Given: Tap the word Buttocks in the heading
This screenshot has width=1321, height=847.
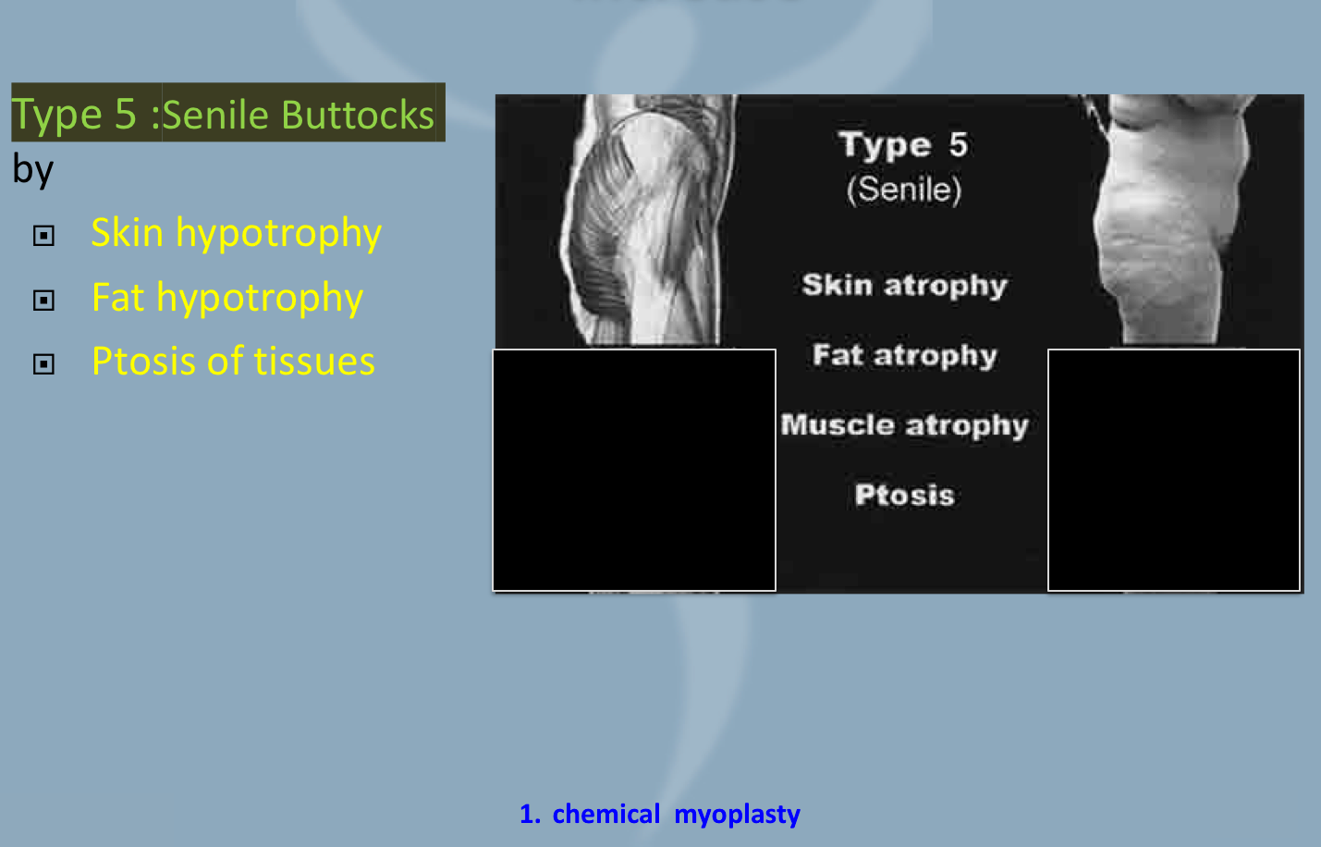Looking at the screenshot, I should coord(358,115).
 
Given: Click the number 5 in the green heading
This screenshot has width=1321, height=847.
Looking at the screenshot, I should coord(126,115).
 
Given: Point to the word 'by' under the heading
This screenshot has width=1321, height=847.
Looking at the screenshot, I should coord(33,170).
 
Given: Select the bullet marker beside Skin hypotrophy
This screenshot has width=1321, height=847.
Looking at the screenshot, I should coord(43,236).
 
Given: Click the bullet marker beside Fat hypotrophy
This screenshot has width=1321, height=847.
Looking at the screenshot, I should coord(43,301).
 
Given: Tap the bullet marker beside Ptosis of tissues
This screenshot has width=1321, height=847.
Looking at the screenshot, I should coord(43,364).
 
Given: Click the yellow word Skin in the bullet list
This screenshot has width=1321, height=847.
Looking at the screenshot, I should coord(128,233).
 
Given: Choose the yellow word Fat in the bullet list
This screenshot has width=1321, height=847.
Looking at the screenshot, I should coord(118,298).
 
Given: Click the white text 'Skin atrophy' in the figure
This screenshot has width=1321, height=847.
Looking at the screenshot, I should coord(904,286).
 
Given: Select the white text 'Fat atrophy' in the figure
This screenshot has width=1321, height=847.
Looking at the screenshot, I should coord(904,356).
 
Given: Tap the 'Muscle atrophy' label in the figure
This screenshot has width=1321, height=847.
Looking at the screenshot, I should coord(904,425).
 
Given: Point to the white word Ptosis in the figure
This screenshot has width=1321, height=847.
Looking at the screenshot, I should coord(904,495).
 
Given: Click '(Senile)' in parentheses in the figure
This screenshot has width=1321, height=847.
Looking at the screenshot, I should coord(904,190).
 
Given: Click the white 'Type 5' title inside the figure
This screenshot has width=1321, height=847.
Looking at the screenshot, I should coord(903,145).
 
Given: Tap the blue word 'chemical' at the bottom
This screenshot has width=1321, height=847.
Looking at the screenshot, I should coord(606,814).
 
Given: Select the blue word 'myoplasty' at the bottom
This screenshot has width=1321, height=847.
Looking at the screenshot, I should coord(737,815).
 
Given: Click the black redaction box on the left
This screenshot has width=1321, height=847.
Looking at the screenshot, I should coord(634,470).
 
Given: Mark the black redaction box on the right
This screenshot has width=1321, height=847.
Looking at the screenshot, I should coord(1174,470).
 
